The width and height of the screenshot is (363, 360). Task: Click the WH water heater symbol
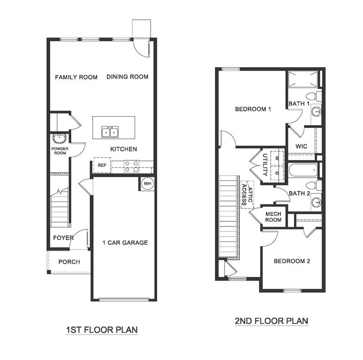147,183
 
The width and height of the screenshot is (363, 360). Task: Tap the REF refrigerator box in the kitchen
102,165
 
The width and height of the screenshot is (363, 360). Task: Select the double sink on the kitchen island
110,132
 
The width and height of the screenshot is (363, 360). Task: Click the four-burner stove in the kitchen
132,166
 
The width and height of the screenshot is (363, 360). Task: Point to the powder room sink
59,139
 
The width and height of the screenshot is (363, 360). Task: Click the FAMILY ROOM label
76,77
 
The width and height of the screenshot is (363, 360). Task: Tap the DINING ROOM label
127,77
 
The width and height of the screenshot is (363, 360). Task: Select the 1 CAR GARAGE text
125,242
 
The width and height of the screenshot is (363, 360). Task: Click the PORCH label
69,262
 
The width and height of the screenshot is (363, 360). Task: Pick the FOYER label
63,238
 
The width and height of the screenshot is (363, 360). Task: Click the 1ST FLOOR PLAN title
102,330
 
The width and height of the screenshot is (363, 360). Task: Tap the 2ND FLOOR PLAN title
271,321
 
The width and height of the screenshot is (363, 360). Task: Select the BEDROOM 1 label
253,109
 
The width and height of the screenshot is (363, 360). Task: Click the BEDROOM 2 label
292,261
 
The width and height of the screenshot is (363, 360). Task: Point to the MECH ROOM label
273,217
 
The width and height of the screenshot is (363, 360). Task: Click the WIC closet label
301,146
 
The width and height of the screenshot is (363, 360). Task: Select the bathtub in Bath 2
303,170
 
